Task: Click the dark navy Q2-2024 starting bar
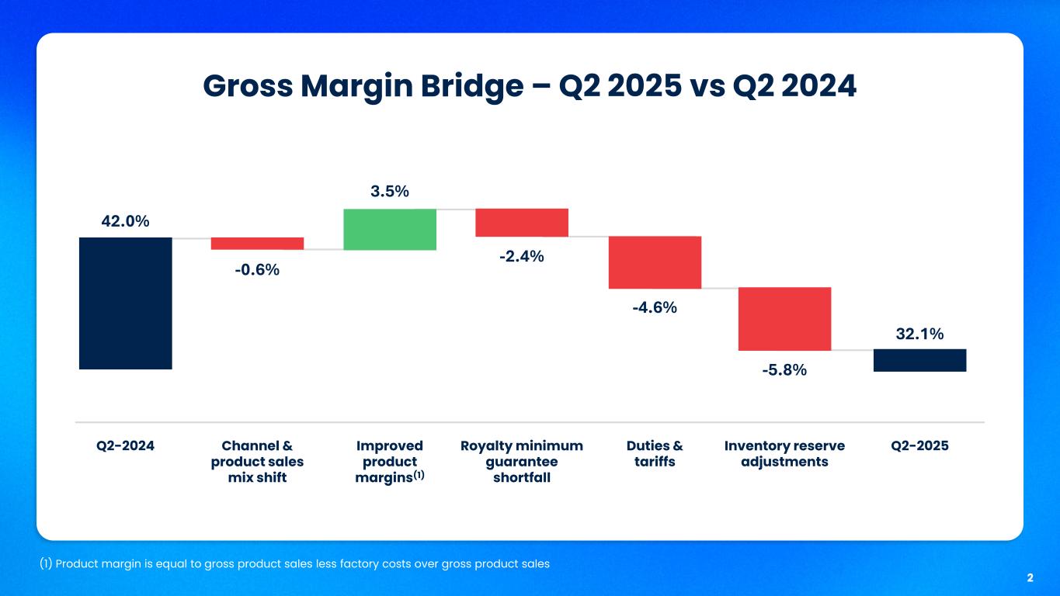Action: tap(125, 303)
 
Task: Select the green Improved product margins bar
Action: tap(390, 229)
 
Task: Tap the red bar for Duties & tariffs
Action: tap(655, 262)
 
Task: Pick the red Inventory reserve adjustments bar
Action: tap(784, 319)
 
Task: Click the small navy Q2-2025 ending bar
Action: tap(919, 360)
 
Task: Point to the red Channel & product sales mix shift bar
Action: tap(257, 244)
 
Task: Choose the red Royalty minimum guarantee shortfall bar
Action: tap(522, 223)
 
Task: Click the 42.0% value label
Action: tap(125, 221)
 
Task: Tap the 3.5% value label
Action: tap(390, 192)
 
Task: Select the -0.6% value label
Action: tap(257, 270)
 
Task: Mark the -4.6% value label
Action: tap(654, 308)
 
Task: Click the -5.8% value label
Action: tap(784, 370)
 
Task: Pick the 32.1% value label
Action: tap(919, 334)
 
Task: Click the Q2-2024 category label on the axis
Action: tap(125, 446)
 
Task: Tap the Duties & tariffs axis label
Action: tap(655, 454)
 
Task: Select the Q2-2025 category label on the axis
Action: tap(920, 446)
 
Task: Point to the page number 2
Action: tap(1030, 578)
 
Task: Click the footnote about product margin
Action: tap(294, 564)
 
